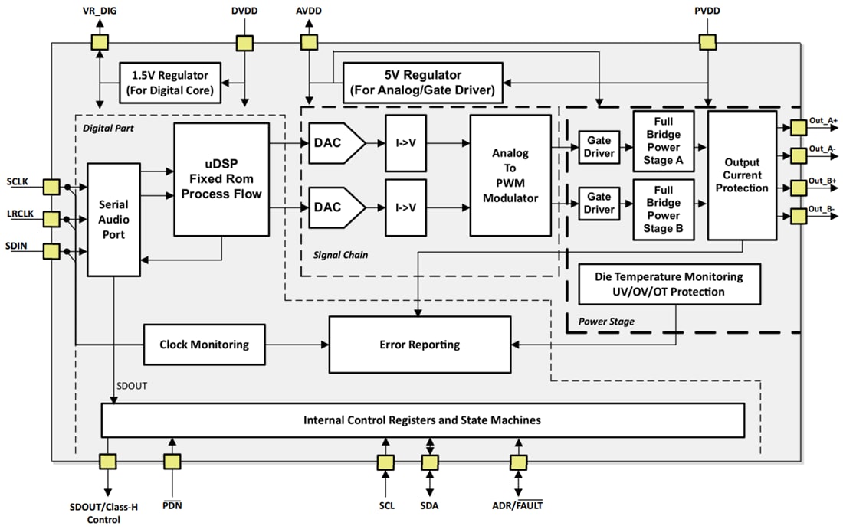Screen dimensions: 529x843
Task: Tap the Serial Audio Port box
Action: point(114,219)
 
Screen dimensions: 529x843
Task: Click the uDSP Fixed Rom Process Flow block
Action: point(221,178)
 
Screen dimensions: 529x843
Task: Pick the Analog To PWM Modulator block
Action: point(510,175)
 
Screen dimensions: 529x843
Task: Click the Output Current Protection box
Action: point(742,175)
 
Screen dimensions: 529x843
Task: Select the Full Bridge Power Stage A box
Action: point(663,141)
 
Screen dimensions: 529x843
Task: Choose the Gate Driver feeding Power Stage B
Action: point(599,204)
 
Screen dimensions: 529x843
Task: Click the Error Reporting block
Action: point(419,345)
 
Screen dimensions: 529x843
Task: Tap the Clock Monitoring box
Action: point(204,345)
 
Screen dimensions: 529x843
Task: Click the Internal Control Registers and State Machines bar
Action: point(422,420)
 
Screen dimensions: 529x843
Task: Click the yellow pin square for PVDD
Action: point(707,43)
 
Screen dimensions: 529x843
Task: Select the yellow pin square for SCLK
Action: point(51,187)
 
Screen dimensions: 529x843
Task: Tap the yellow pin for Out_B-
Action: point(798,216)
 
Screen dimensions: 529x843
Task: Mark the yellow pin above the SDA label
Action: point(429,462)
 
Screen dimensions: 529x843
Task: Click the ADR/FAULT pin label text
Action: point(517,505)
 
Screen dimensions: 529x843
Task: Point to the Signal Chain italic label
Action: point(341,255)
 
